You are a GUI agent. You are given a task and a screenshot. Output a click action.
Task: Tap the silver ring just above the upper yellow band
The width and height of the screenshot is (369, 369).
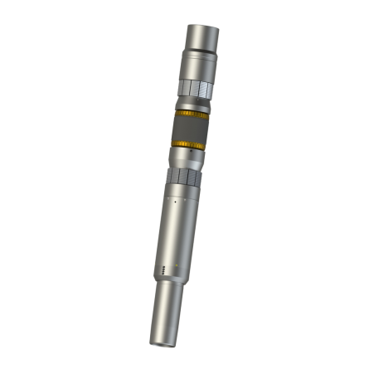click(x=192, y=104)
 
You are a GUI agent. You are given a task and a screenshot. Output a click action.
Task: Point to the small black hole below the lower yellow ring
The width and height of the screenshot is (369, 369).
click(x=190, y=154)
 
